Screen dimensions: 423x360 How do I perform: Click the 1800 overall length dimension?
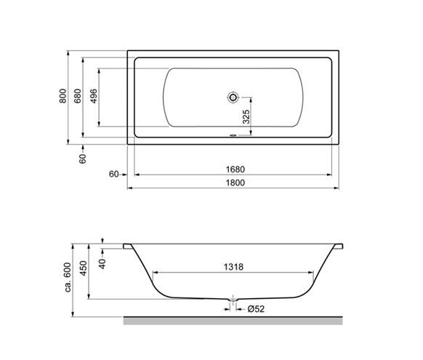coord(235,183)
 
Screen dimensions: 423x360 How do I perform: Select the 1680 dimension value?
coord(235,169)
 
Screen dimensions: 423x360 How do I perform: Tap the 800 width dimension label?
coord(63,96)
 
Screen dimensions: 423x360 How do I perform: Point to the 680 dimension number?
coord(78,96)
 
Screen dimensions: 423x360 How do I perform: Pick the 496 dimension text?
coord(94,96)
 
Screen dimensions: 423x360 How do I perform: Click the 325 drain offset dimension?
coord(246,116)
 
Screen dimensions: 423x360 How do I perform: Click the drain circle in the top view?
coord(233,97)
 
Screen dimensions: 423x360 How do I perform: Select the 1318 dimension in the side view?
coord(233,267)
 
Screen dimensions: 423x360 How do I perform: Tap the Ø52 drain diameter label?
coord(256,308)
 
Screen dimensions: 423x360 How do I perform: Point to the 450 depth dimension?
coord(84,268)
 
